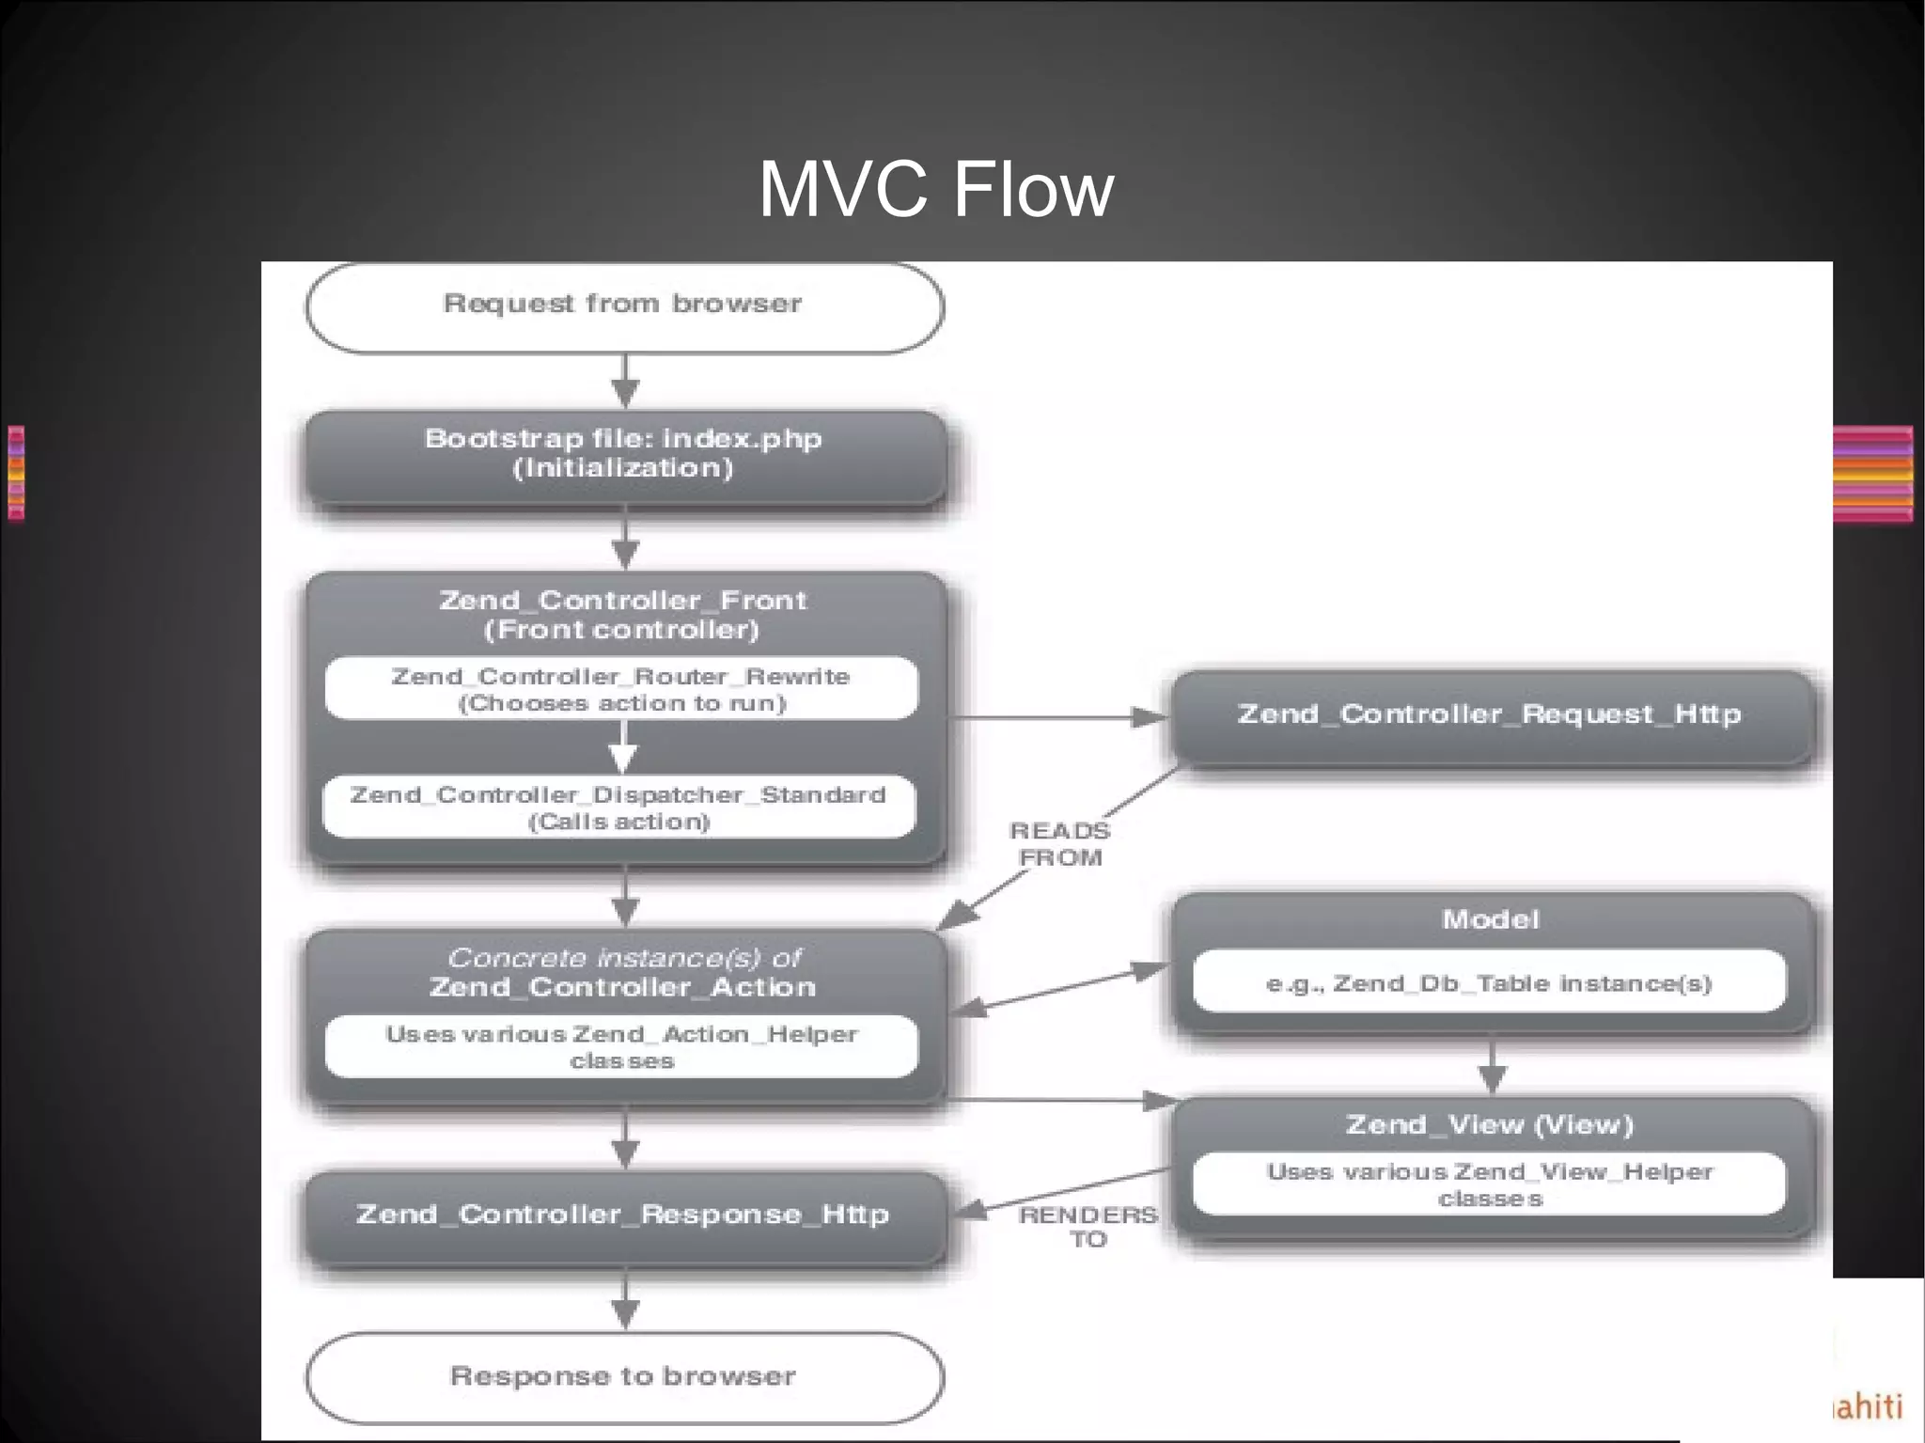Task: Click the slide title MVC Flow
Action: coord(935,191)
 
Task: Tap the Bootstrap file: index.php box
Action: coord(624,454)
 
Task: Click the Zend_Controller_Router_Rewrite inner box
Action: coord(621,689)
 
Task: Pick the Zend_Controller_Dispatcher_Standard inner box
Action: coord(618,808)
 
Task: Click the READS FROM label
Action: coord(1060,844)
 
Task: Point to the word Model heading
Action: coord(1491,919)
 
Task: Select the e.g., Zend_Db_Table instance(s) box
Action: coord(1489,983)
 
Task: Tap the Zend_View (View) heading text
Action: coord(1490,1124)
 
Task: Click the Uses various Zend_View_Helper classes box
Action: coord(1489,1184)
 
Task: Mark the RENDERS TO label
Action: coord(1088,1227)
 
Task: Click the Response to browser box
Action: coord(624,1376)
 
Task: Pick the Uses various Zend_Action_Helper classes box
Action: coord(621,1046)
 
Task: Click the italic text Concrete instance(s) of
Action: coord(624,958)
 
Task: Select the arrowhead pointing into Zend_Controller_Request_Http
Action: coord(1149,718)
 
